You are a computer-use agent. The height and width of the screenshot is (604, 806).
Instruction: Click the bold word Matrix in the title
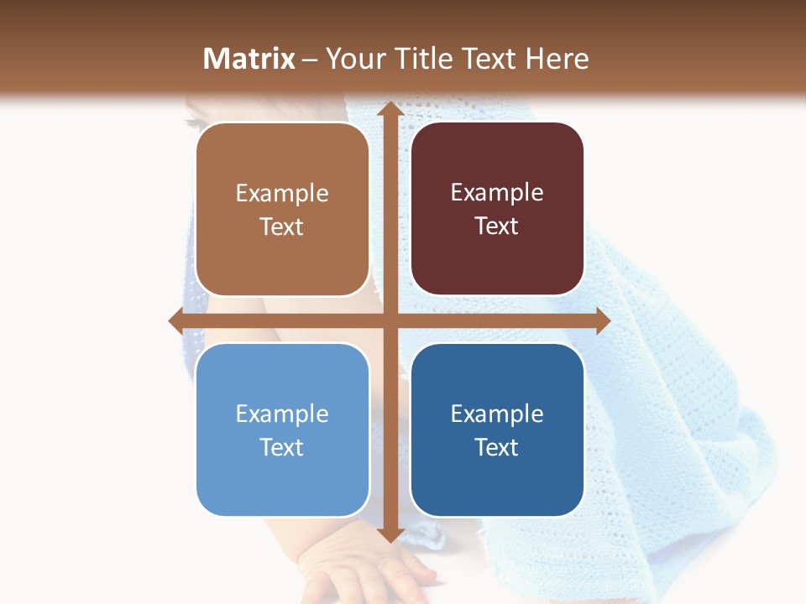click(249, 59)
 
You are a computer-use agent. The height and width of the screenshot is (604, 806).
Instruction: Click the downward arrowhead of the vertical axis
click(390, 534)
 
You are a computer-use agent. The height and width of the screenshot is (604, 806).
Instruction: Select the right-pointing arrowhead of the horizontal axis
click(602, 320)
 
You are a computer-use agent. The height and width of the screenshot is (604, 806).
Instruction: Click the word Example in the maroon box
click(497, 193)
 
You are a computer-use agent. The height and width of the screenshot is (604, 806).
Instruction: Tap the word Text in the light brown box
click(281, 226)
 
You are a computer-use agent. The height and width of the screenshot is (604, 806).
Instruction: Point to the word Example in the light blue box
click(281, 414)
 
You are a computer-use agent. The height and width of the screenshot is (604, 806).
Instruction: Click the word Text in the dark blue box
click(497, 447)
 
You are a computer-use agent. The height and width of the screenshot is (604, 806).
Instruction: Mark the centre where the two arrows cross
click(390, 320)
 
